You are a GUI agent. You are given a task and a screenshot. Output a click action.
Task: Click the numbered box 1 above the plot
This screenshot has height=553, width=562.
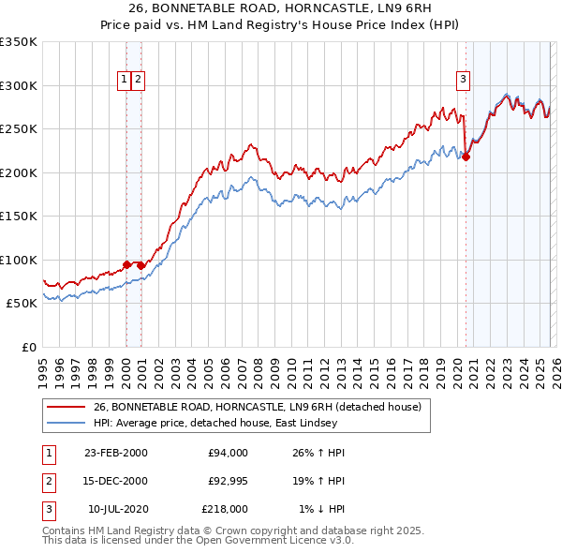coord(124,81)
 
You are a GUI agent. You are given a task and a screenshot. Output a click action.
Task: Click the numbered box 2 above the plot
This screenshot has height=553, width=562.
coord(138,81)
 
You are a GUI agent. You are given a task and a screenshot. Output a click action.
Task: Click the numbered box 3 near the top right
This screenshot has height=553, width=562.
coord(463,81)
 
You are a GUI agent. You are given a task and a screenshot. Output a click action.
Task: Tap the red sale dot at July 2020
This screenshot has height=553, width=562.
coord(466,157)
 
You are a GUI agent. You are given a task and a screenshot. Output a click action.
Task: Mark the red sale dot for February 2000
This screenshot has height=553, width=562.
coord(126,265)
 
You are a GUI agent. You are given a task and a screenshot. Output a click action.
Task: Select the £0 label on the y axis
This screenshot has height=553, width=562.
coord(28,347)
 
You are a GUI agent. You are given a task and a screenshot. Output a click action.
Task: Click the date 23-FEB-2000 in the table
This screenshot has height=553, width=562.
coord(115,453)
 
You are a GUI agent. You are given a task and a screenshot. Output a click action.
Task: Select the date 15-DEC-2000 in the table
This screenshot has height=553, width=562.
coord(115,481)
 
